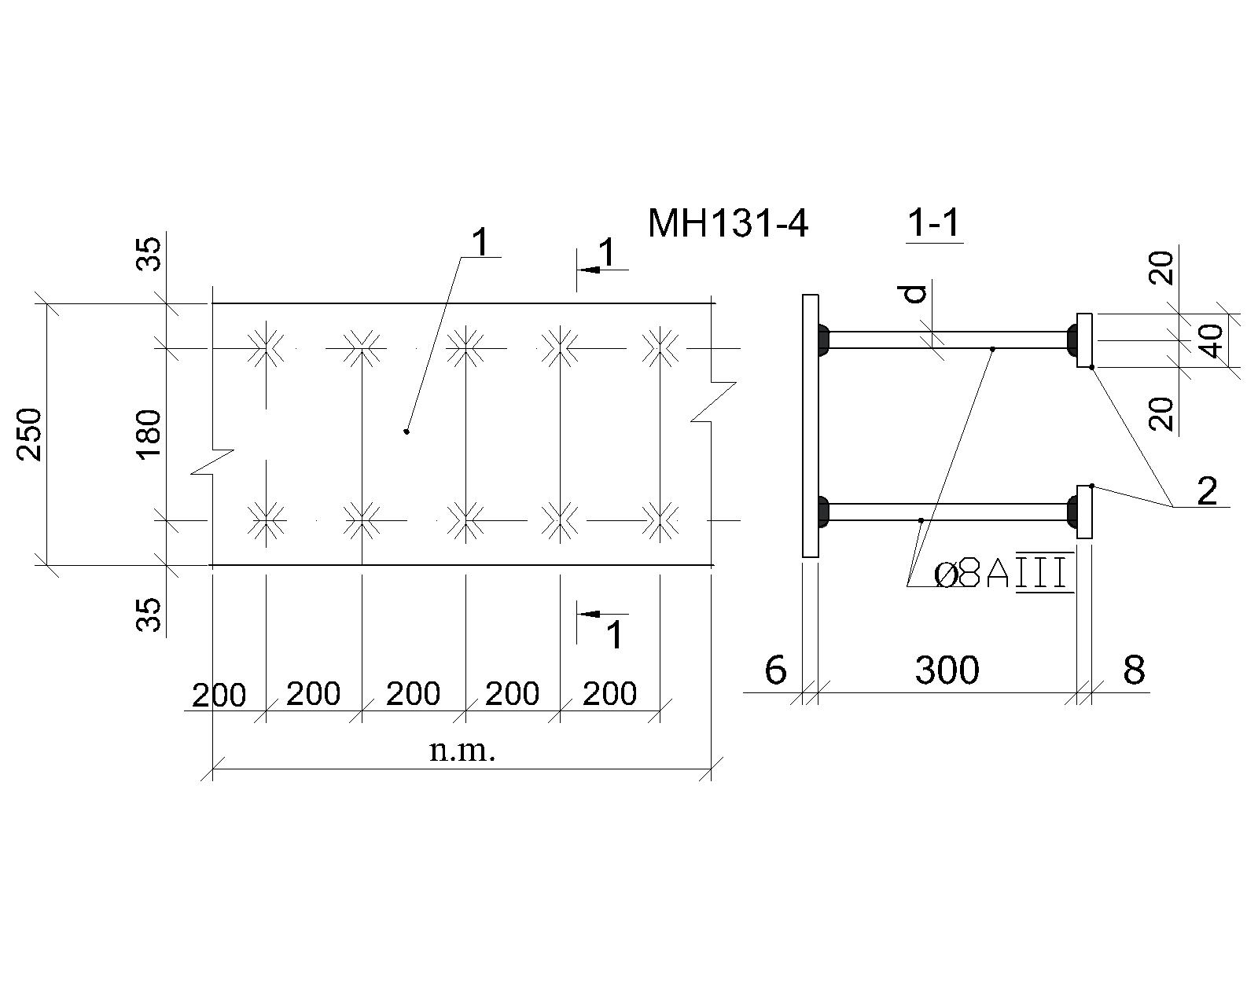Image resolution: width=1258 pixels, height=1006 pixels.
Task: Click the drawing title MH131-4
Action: (728, 223)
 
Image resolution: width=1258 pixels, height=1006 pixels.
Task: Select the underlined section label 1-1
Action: (934, 223)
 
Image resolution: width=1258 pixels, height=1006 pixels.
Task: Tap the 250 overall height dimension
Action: (29, 435)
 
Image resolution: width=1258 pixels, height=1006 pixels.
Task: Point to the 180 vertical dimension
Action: (149, 435)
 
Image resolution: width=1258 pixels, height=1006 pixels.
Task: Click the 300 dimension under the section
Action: (947, 670)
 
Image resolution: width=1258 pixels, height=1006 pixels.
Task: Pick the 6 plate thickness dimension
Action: (776, 670)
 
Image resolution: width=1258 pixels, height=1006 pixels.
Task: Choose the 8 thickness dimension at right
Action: (1134, 670)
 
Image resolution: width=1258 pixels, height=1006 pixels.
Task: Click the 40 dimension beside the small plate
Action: (1213, 341)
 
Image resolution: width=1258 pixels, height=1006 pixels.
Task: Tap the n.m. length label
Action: (462, 751)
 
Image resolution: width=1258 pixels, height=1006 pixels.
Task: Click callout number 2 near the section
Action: (1207, 491)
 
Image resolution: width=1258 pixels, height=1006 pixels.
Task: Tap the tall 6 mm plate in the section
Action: (810, 425)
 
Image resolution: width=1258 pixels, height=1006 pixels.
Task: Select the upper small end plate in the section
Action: (1084, 340)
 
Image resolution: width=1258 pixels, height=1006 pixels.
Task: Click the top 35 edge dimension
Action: (149, 254)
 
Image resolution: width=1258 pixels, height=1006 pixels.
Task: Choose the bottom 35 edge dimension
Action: (149, 614)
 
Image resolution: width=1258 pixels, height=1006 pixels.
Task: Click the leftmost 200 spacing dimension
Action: (219, 696)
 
